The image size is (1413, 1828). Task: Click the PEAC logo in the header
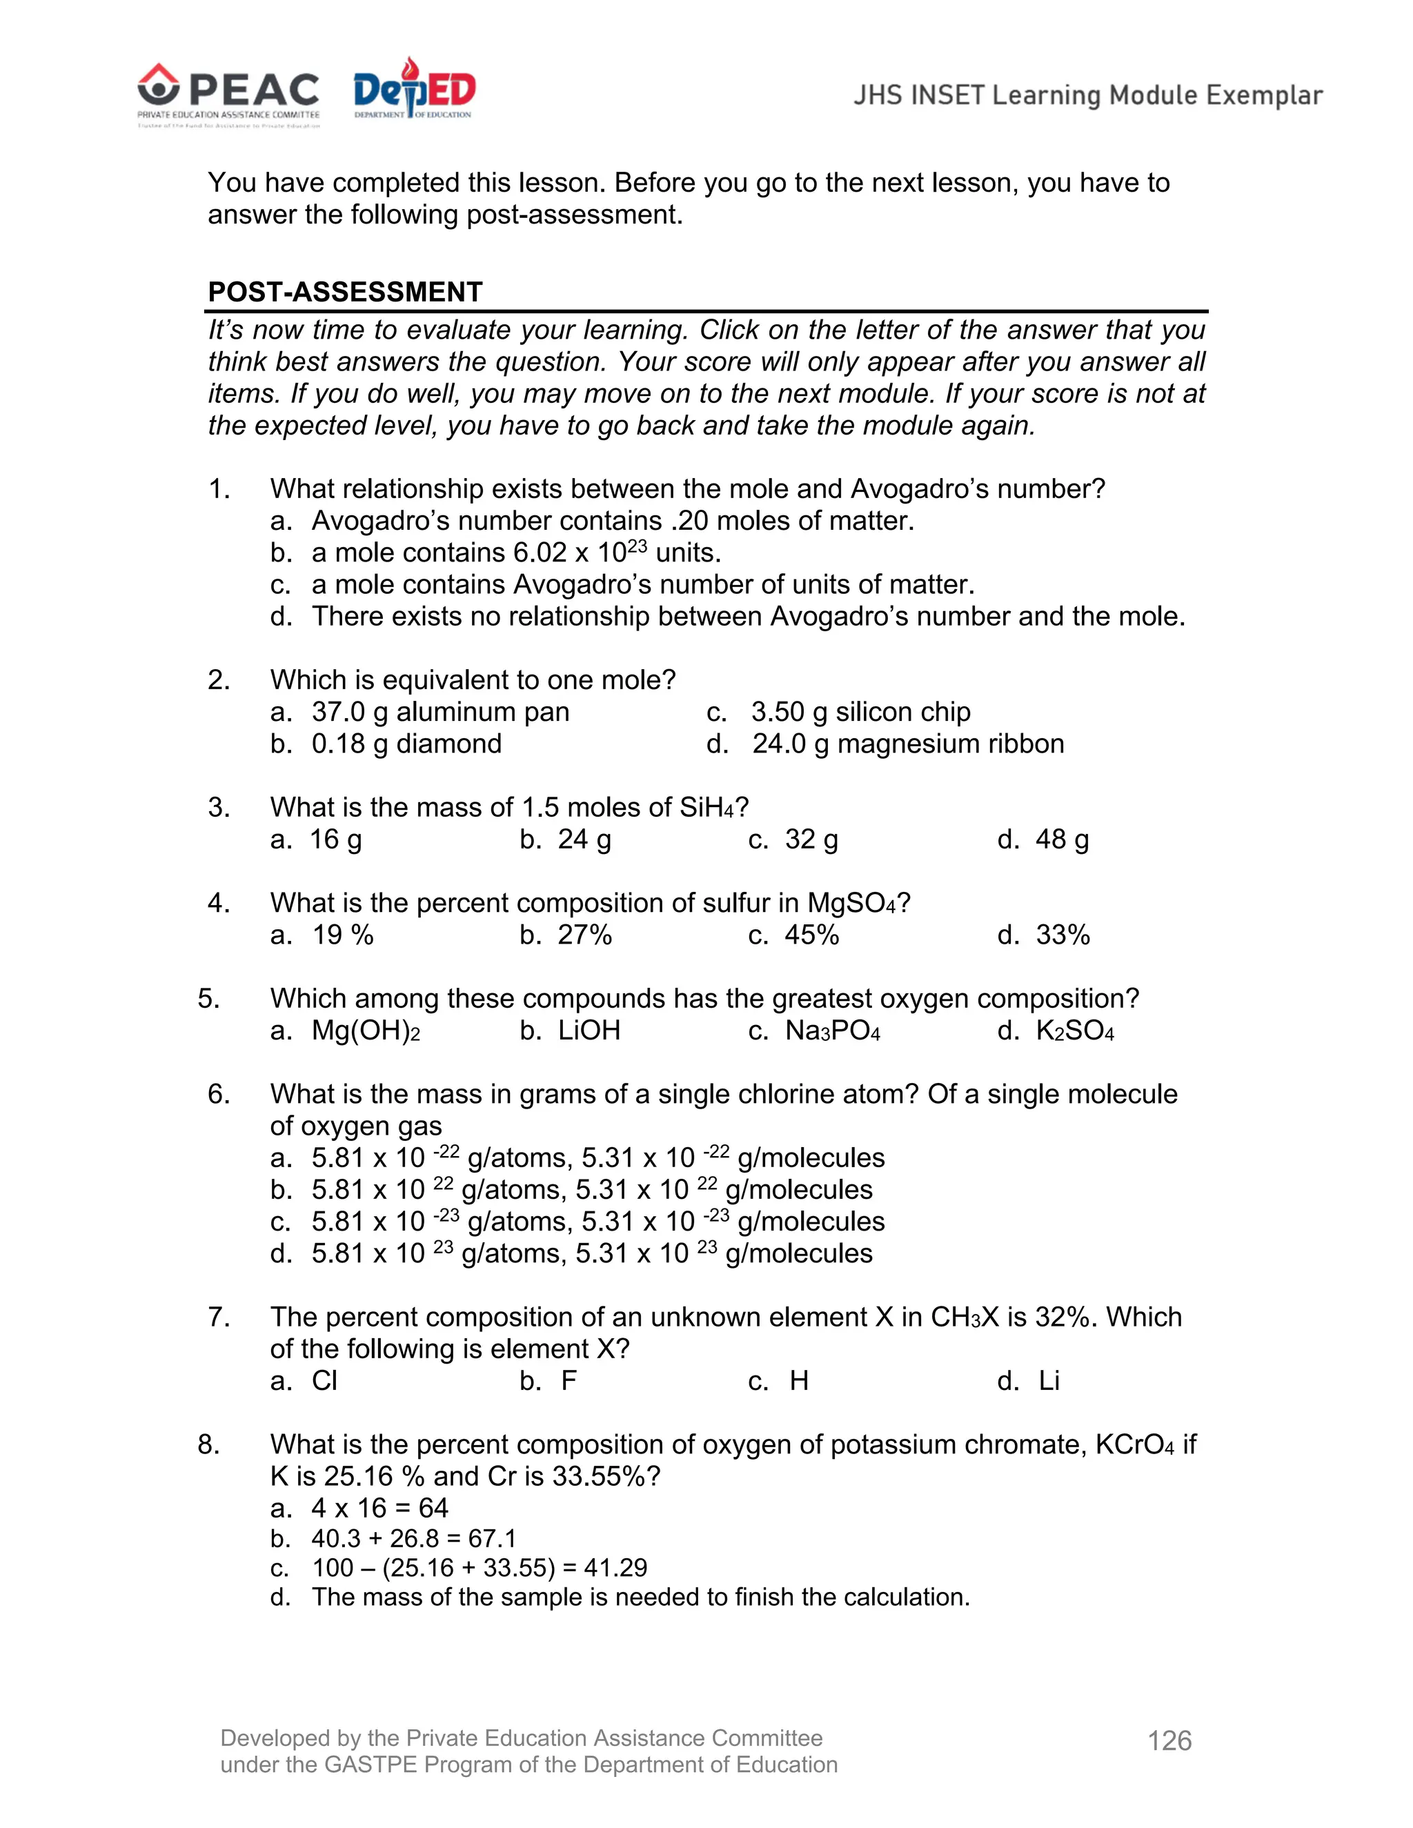pos(228,94)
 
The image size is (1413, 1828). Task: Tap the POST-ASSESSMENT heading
pos(345,292)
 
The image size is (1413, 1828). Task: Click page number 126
pos(1169,1740)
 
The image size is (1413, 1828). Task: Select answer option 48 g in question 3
pos(1061,839)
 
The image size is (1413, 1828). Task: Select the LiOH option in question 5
pos(589,1031)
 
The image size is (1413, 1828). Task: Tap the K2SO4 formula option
pos(1075,1031)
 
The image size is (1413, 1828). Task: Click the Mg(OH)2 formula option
pos(365,1031)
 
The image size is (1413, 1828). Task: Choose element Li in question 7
pos(1049,1380)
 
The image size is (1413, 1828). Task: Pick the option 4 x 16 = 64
pos(379,1507)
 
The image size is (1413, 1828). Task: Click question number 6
pos(219,1094)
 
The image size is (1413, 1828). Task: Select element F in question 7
pos(569,1380)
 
